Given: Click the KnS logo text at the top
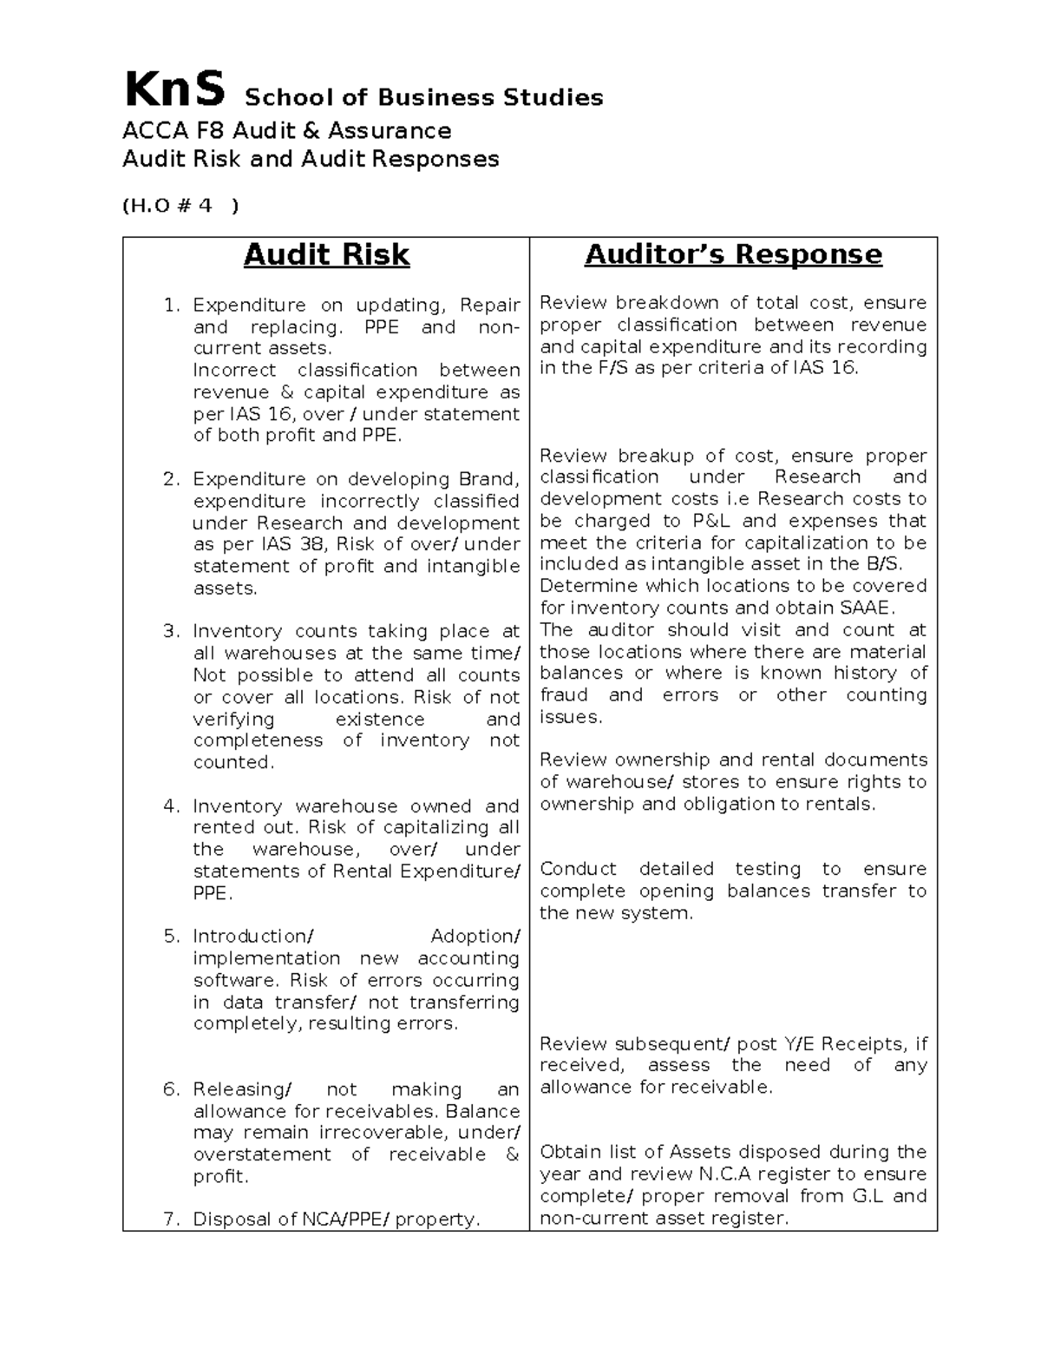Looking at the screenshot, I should [174, 90].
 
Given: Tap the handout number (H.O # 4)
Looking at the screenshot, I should [180, 206].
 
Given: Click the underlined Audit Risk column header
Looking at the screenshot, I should [326, 254].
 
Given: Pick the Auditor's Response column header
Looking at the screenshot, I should [733, 254].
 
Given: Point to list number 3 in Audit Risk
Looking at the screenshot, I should [171, 631].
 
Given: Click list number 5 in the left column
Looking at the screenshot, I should [171, 937].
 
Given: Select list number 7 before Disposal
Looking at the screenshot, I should [171, 1220].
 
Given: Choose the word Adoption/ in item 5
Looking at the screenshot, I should [475, 937].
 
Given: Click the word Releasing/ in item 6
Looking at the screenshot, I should [242, 1089].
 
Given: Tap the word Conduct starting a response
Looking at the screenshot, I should [578, 869].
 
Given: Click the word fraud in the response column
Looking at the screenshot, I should [564, 695].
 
